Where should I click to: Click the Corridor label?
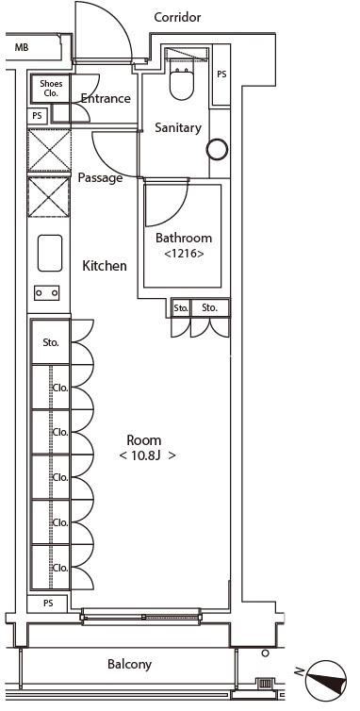pos(177,17)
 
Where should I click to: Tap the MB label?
pos(22,47)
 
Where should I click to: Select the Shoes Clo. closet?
pos(50,88)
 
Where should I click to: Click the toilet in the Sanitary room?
pos(182,83)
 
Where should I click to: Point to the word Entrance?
pos(106,98)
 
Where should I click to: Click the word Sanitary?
pos(178,127)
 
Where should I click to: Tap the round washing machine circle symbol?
pos(217,149)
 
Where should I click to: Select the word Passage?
pos(100,177)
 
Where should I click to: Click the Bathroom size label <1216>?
pos(184,254)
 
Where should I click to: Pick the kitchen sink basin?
pos(50,253)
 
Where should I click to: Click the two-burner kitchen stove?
pos(47,293)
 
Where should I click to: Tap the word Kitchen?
pos(105,266)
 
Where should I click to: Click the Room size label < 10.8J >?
pos(147,455)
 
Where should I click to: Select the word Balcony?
pos(129,665)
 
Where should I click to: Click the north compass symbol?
pos(326,680)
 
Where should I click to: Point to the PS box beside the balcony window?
pos(48,604)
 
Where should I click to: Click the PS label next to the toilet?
pos(221,74)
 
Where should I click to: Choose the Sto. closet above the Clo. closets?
pos(51,342)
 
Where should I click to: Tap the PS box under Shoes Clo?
pos(37,116)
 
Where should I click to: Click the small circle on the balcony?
pos(265,653)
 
